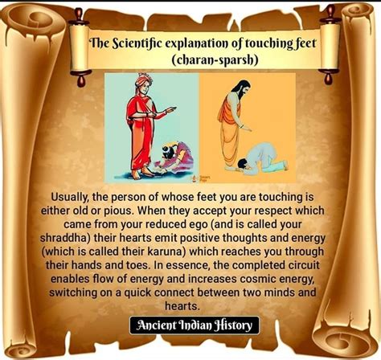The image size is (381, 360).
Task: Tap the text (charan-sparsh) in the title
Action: click(x=215, y=59)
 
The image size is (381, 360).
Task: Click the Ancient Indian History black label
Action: click(x=195, y=325)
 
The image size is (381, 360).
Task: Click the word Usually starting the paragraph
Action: click(x=70, y=198)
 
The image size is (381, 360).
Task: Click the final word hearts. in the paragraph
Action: click(x=182, y=306)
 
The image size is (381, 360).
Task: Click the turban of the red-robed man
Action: click(x=144, y=79)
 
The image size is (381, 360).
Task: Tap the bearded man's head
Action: click(x=242, y=89)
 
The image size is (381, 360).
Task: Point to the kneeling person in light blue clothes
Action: click(x=261, y=159)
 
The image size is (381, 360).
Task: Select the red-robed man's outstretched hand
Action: click(x=171, y=109)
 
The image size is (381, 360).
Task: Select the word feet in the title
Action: click(x=305, y=43)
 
